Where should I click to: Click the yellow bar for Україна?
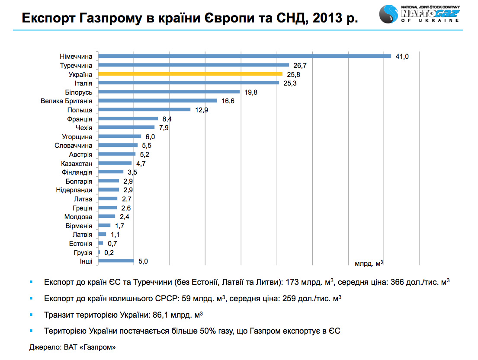click(x=190, y=74)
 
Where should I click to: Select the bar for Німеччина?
click(x=244, y=56)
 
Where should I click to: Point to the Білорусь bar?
click(x=169, y=92)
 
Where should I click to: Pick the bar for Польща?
click(x=144, y=109)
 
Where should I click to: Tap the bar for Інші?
click(x=116, y=261)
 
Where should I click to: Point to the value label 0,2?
click(x=109, y=252)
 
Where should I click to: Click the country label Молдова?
click(x=78, y=217)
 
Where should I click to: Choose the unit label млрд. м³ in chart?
click(x=369, y=262)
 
